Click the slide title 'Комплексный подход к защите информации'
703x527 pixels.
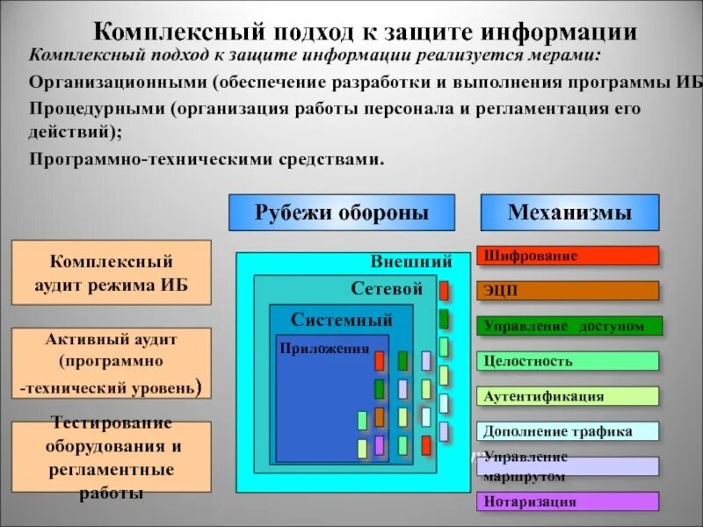pos(365,33)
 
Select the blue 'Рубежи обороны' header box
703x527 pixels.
pos(342,213)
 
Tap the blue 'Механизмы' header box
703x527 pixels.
pos(569,213)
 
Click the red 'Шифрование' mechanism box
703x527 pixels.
pos(569,256)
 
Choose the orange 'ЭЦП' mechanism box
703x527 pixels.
pos(569,291)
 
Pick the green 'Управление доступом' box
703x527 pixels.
pos(569,326)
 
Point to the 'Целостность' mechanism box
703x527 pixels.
pos(569,361)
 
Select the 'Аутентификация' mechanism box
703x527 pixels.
pos(569,396)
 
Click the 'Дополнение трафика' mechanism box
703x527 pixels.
pos(569,431)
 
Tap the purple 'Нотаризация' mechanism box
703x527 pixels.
pos(569,502)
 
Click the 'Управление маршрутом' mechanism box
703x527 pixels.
pos(569,466)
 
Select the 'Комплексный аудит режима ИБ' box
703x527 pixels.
pos(111,273)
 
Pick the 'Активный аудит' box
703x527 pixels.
pos(111,362)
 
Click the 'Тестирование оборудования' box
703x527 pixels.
pos(111,457)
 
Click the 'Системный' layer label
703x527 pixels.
pos(342,320)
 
